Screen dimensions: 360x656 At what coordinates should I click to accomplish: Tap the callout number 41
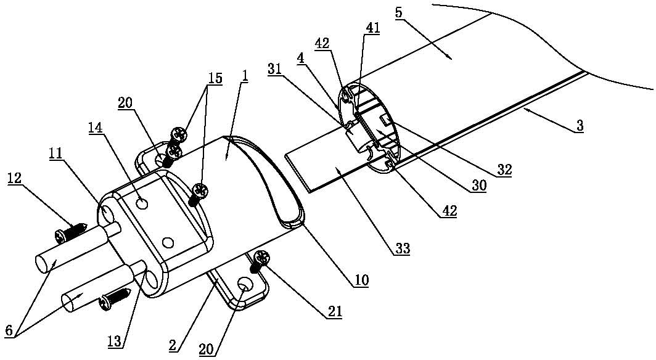(x=372, y=28)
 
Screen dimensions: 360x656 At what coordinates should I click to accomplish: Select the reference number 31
(x=275, y=69)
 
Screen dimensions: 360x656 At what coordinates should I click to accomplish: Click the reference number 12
(x=15, y=178)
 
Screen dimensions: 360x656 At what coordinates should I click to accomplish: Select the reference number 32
(x=505, y=170)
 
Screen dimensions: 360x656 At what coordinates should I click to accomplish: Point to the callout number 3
(x=579, y=126)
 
